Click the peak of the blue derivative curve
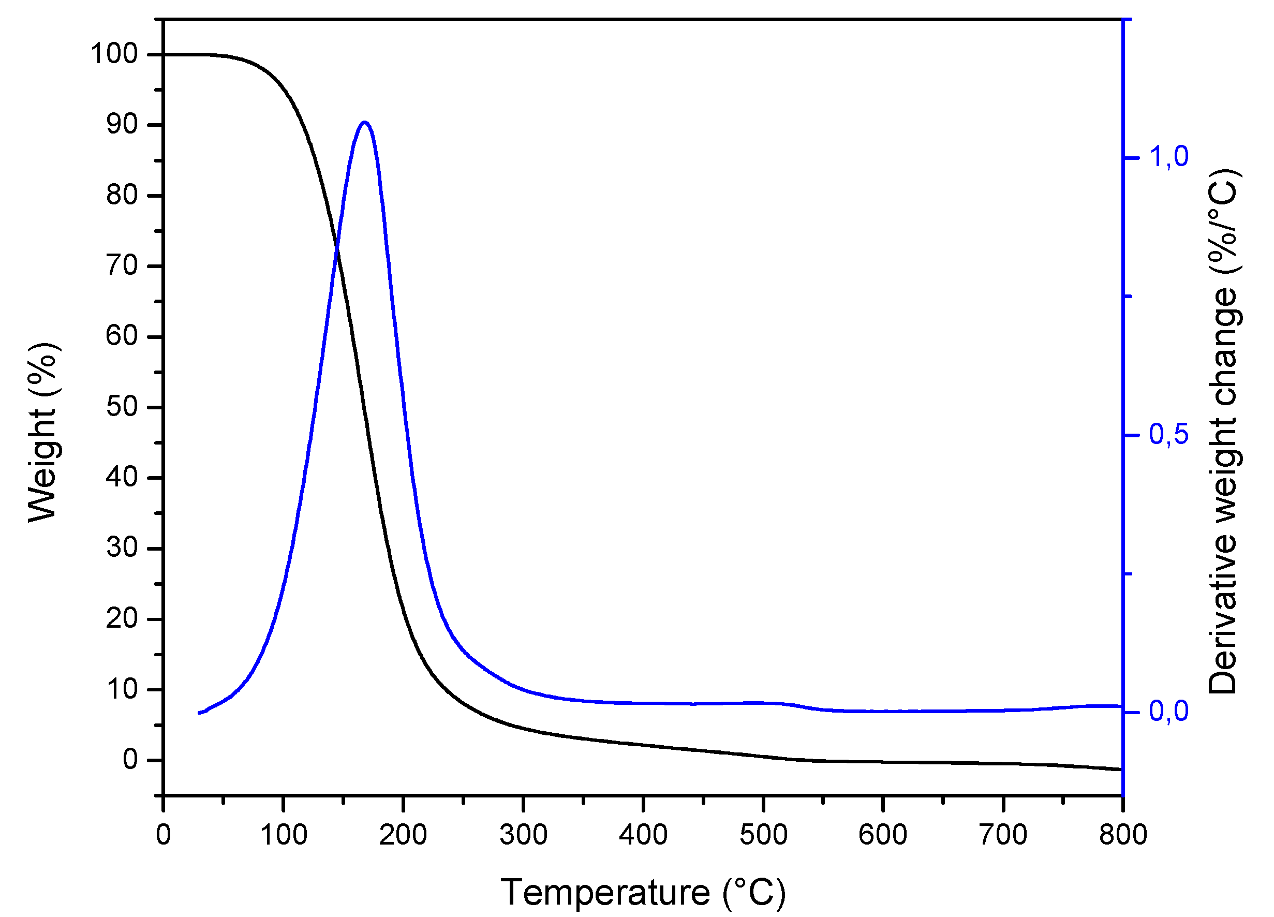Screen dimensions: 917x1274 pyautogui.click(x=365, y=122)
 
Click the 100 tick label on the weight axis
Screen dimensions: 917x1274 pyautogui.click(x=114, y=54)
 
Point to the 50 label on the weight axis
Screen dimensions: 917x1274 pyautogui.click(x=122, y=407)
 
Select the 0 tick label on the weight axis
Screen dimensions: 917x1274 pyautogui.click(x=130, y=760)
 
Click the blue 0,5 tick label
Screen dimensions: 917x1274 pyautogui.click(x=1169, y=434)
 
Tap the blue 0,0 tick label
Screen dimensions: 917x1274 pyautogui.click(x=1169, y=712)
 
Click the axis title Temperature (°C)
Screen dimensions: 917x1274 pyautogui.click(x=643, y=892)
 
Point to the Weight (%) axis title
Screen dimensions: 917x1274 pyautogui.click(x=43, y=433)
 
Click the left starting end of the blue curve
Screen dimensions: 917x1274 pyautogui.click(x=199, y=713)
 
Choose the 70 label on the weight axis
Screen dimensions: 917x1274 pyautogui.click(x=122, y=266)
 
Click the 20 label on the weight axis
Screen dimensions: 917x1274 pyautogui.click(x=122, y=618)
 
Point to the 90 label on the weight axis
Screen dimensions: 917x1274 pyautogui.click(x=122, y=124)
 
